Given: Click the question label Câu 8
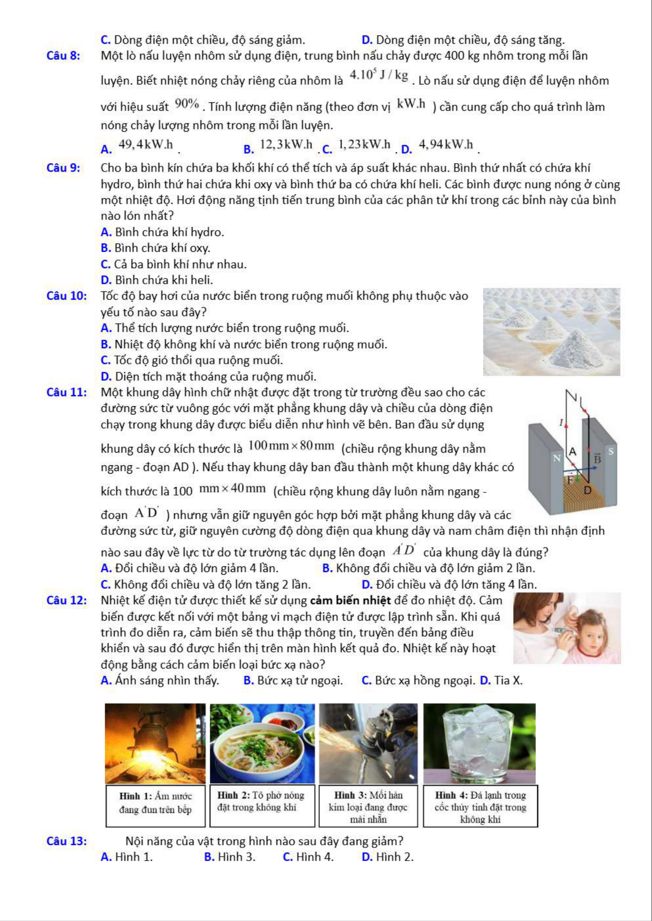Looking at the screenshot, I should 63,56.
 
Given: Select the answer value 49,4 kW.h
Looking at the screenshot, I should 146,145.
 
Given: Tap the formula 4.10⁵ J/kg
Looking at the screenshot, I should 379,75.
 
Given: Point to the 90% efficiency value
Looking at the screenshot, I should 187,104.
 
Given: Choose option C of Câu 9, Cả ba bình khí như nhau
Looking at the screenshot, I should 174,264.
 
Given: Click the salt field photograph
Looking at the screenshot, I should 551,331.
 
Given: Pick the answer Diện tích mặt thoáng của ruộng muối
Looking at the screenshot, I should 208,377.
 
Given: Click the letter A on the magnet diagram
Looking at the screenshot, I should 572,451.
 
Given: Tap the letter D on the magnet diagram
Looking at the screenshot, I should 587,490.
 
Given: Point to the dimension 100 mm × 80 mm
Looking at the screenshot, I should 291,446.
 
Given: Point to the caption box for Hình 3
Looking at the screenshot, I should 368,806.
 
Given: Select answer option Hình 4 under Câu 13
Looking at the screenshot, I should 308,857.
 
